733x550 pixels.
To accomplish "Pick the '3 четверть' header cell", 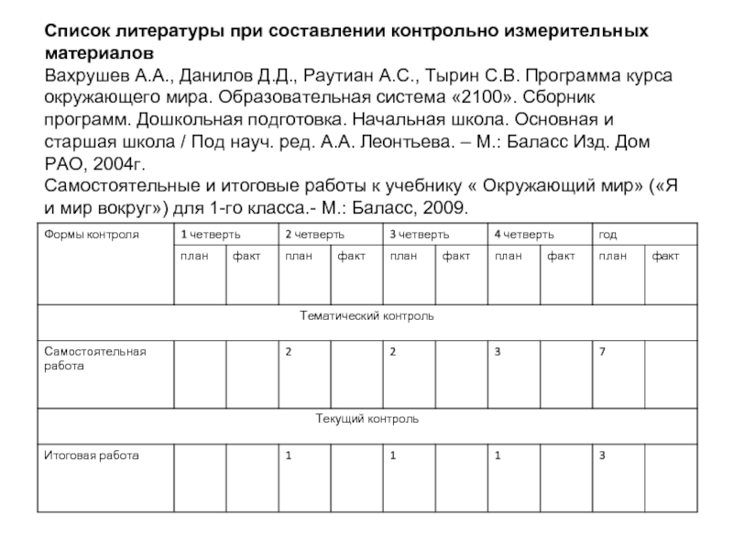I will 418,235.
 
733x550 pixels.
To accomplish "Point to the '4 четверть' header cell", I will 523,235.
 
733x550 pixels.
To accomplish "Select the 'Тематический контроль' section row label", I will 366,316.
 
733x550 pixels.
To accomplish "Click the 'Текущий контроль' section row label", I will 366,419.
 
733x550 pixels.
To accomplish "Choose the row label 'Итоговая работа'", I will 88,455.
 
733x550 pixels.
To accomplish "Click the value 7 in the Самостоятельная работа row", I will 602,351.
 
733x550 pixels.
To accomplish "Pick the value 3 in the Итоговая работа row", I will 602,455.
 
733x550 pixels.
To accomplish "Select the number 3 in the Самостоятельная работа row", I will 498,351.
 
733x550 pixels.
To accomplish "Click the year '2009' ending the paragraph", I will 446,207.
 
